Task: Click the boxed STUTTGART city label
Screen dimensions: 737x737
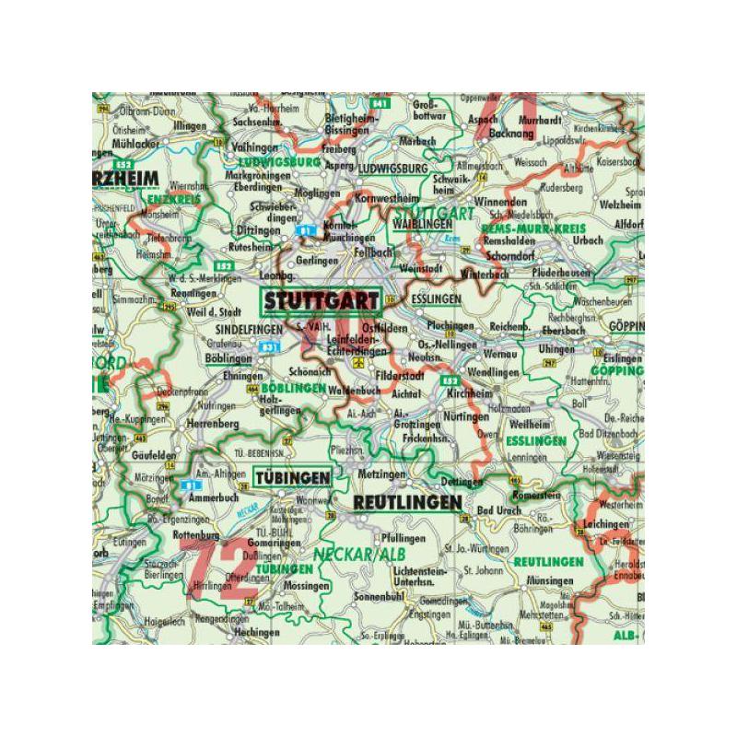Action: point(321,300)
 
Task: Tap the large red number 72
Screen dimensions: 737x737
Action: point(214,566)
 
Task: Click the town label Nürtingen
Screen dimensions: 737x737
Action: point(465,416)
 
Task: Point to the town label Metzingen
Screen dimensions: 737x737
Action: point(380,474)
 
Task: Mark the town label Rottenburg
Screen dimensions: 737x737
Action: point(195,534)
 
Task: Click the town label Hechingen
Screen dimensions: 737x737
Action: point(230,634)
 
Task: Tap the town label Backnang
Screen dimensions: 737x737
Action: point(516,134)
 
